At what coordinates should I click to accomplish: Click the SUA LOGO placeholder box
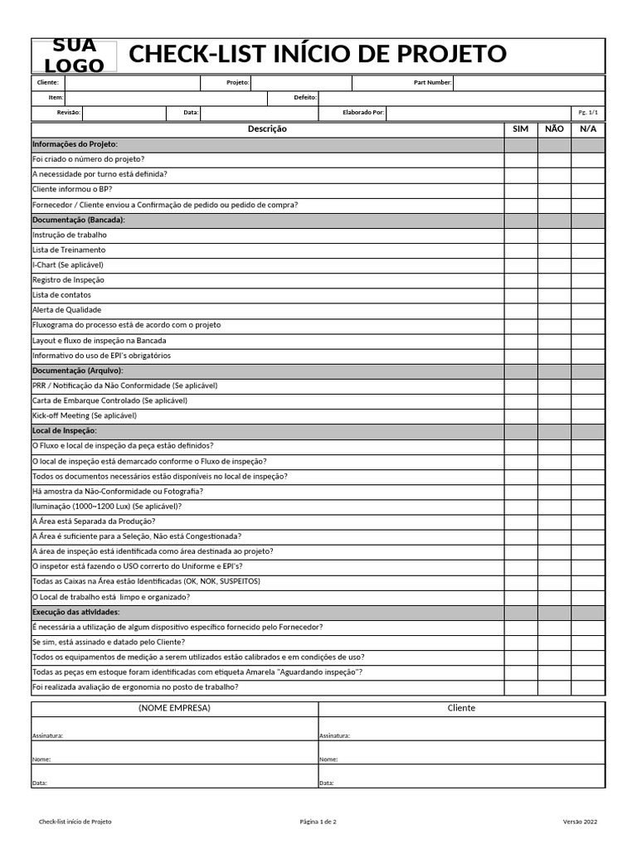(x=75, y=56)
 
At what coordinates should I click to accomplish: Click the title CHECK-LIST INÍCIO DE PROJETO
(x=318, y=55)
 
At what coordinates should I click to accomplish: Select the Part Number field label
(x=432, y=83)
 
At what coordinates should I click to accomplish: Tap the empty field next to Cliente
(x=132, y=83)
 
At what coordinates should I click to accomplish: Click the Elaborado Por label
(x=363, y=113)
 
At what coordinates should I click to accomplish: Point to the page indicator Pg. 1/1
(x=587, y=113)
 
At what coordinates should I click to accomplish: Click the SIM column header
(x=520, y=129)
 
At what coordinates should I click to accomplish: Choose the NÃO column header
(x=554, y=129)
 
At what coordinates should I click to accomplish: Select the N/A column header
(x=587, y=129)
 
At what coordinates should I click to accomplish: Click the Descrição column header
(x=267, y=129)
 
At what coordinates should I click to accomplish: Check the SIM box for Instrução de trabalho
(x=520, y=235)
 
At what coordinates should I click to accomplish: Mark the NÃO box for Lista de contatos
(x=554, y=295)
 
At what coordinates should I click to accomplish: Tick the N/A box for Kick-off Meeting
(x=587, y=415)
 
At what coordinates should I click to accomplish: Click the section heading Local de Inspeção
(x=65, y=431)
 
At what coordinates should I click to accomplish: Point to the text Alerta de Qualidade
(x=66, y=310)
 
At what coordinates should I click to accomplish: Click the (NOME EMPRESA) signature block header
(x=174, y=708)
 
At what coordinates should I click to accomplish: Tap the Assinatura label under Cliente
(x=334, y=735)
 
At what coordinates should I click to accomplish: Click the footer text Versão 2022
(x=580, y=822)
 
